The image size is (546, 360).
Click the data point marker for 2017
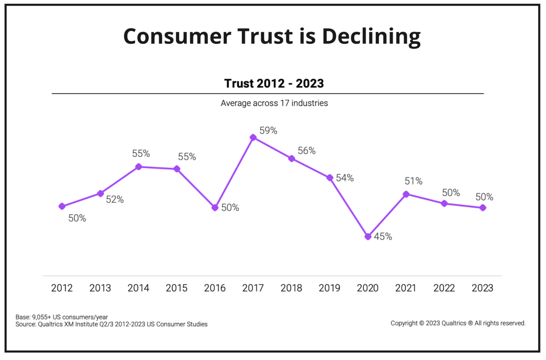coord(253,137)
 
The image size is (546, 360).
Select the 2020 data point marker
coord(368,237)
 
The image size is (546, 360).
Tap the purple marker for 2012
coord(62,206)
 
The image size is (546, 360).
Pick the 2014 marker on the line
coord(138,166)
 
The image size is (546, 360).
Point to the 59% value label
coord(268,131)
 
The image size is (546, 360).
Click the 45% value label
coord(383,237)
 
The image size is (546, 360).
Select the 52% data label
coord(115,200)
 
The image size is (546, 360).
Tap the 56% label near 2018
coord(306,151)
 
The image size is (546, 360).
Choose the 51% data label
coord(413,181)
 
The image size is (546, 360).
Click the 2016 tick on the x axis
coord(215,288)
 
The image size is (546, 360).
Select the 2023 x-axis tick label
coord(482,288)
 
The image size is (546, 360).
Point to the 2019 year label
coord(330,288)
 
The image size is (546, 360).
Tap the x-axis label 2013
coord(100,288)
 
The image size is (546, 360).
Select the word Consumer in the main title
coord(177,36)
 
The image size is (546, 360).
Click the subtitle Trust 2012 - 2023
coord(274,83)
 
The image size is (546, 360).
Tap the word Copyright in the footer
coord(404,323)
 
